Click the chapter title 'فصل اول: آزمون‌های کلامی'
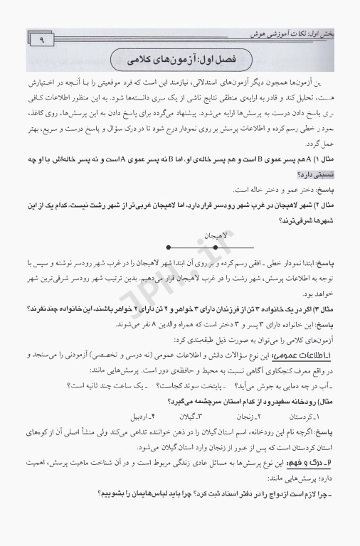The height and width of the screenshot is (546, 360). pos(180,58)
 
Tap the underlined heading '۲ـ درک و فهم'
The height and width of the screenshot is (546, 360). pos(326,481)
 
